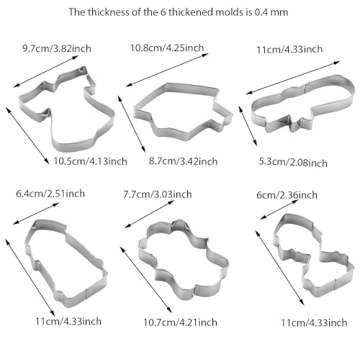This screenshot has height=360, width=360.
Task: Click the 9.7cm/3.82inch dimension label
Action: [x=57, y=48]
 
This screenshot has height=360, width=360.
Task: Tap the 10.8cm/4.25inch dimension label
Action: [x=167, y=48]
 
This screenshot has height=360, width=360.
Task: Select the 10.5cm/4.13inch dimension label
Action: [x=90, y=161]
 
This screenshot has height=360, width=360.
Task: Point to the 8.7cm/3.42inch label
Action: [x=183, y=161]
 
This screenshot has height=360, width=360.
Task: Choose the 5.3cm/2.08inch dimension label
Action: [x=293, y=162]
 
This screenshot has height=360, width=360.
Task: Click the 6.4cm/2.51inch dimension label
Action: [x=50, y=194]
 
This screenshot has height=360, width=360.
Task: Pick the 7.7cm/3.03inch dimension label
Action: [x=158, y=194]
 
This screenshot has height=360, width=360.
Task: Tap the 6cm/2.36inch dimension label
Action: [x=287, y=195]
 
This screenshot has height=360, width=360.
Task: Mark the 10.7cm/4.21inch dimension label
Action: [x=180, y=322]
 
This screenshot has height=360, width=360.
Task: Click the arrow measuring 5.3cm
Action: [x=248, y=125]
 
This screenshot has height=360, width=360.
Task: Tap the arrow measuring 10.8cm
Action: [x=167, y=70]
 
